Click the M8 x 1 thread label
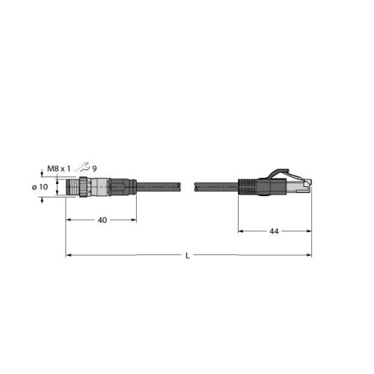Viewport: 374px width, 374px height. tap(59, 169)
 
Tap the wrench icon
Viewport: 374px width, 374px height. tap(83, 167)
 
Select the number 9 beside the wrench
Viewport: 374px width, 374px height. tap(94, 169)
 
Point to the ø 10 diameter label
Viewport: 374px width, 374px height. tap(40, 187)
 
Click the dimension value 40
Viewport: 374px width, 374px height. tap(102, 220)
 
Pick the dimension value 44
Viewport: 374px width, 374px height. tap(274, 231)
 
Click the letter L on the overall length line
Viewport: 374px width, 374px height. tap(188, 256)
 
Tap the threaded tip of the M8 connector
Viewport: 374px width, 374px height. tap(73, 187)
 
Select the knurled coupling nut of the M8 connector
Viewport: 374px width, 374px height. tap(85, 187)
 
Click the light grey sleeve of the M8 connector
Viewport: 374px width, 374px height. tap(99, 187)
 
